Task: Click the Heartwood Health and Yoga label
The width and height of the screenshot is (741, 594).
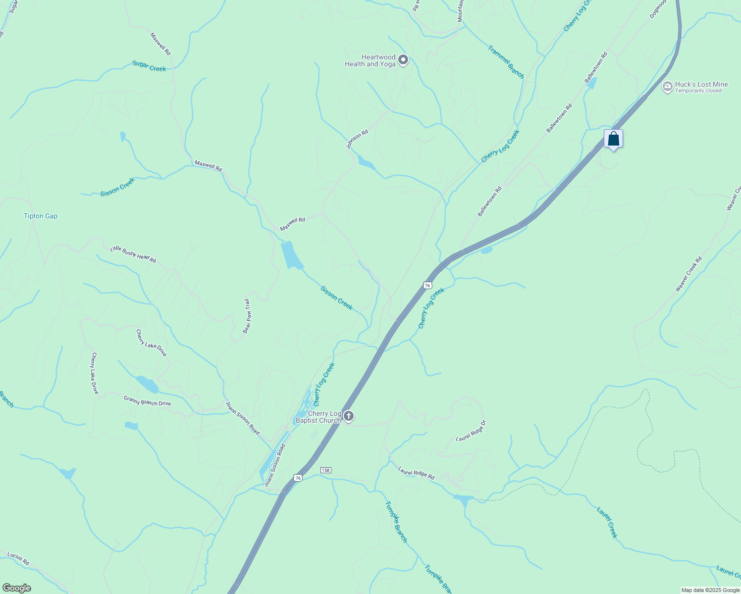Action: pyautogui.click(x=370, y=60)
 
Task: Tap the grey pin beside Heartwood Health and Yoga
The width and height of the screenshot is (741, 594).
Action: pyautogui.click(x=403, y=60)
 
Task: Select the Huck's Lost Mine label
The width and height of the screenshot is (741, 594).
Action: pyautogui.click(x=701, y=84)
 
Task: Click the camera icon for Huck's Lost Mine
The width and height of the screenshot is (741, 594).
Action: pyautogui.click(x=667, y=87)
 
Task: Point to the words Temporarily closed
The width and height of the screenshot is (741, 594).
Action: pyautogui.click(x=698, y=91)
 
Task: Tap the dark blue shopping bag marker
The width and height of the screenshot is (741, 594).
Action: pyautogui.click(x=613, y=139)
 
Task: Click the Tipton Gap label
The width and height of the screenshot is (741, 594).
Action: pyautogui.click(x=41, y=216)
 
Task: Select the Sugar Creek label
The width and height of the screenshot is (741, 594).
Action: pyautogui.click(x=149, y=66)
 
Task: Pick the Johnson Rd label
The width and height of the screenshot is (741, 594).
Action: pyautogui.click(x=357, y=139)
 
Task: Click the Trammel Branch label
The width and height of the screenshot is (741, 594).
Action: pyautogui.click(x=506, y=62)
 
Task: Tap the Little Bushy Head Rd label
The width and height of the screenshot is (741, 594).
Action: pyautogui.click(x=133, y=254)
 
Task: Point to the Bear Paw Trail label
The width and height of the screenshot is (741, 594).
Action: pyautogui.click(x=247, y=316)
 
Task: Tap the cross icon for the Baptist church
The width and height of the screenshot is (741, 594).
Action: pyautogui.click(x=349, y=416)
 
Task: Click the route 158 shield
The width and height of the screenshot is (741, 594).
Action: pyautogui.click(x=325, y=470)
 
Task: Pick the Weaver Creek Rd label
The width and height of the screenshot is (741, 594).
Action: pyautogui.click(x=688, y=274)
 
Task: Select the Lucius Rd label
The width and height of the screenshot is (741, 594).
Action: pyautogui.click(x=18, y=559)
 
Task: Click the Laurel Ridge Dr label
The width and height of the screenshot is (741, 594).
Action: pyautogui.click(x=471, y=431)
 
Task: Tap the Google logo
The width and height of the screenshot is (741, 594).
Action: pyautogui.click(x=16, y=588)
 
